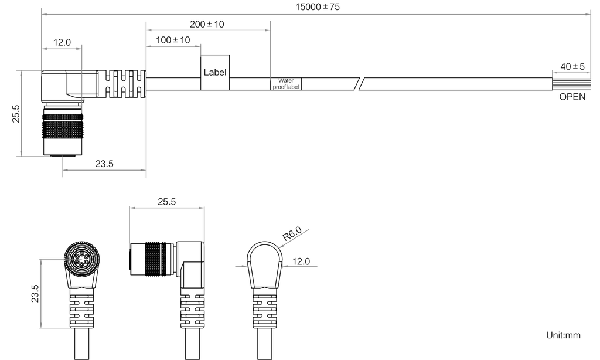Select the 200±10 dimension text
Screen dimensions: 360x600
pyautogui.click(x=207, y=24)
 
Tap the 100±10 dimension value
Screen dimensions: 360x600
pyautogui.click(x=173, y=40)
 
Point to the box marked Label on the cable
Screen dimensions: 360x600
pyautogui.click(x=215, y=73)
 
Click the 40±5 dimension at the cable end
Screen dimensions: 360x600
pyautogui.click(x=571, y=67)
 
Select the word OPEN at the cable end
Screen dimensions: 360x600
pyautogui.click(x=572, y=98)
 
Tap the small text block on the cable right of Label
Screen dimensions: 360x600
pyautogui.click(x=286, y=84)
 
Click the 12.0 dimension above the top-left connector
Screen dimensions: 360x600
pyautogui.click(x=62, y=42)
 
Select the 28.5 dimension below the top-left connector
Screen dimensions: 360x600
pyautogui.click(x=104, y=164)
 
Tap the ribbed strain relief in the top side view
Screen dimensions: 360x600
pyautogui.click(x=122, y=83)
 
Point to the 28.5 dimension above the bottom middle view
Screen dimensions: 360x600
pyautogui.click(x=167, y=202)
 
